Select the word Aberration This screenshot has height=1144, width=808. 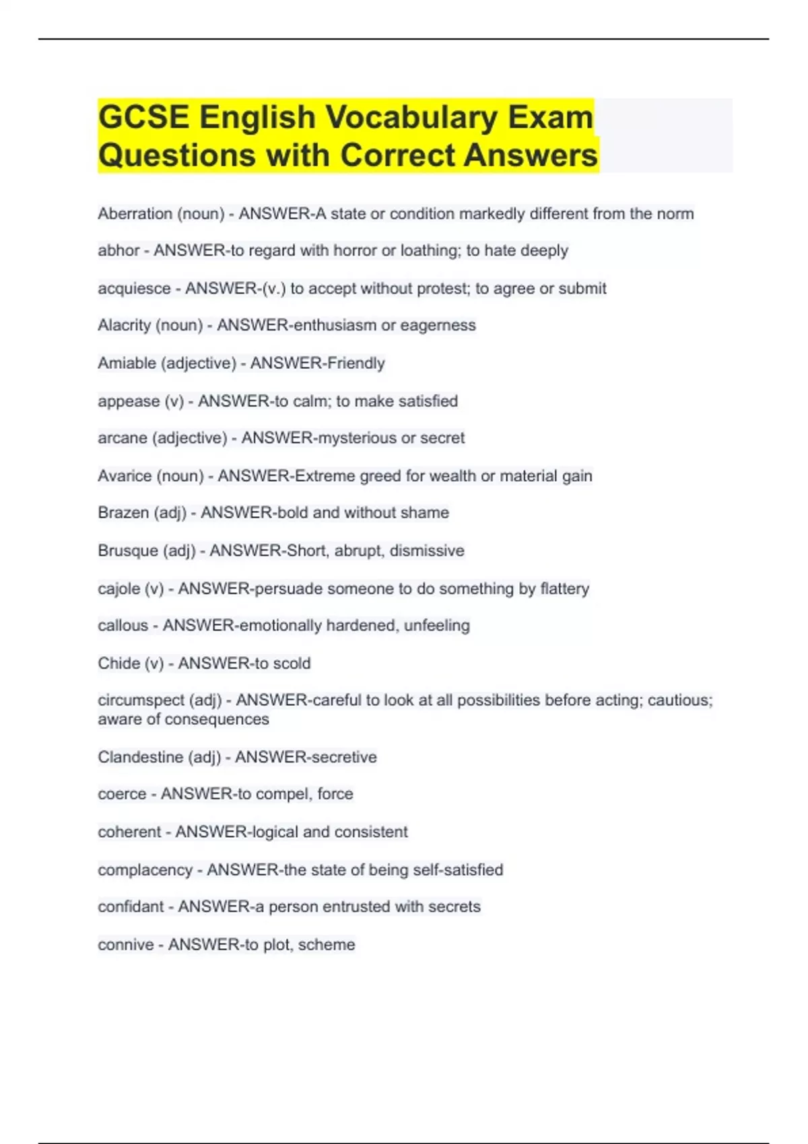(135, 214)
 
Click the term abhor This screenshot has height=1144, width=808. (119, 251)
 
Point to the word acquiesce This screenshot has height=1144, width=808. (134, 289)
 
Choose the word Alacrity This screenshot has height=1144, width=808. (124, 326)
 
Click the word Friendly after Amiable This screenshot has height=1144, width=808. (356, 363)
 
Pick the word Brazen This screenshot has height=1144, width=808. (123, 513)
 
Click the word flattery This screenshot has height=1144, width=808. (564, 589)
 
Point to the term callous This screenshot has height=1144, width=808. (123, 626)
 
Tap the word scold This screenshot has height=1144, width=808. (292, 664)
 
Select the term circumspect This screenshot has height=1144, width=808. (141, 701)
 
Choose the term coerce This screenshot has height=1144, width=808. (122, 794)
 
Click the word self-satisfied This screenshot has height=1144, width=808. (458, 870)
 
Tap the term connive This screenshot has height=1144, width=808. (126, 945)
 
